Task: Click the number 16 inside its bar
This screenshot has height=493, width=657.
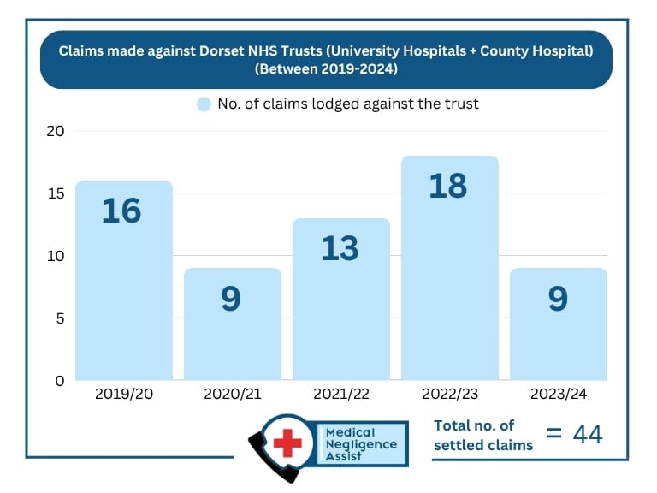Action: click(x=121, y=211)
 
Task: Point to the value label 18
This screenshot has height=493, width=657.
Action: click(x=447, y=186)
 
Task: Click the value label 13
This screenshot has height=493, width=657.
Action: click(x=340, y=248)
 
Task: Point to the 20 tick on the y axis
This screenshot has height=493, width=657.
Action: click(x=56, y=131)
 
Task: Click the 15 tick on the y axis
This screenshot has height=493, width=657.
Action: click(x=56, y=193)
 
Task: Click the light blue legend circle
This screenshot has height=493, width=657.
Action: click(x=204, y=104)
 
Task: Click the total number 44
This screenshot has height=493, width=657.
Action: click(x=587, y=435)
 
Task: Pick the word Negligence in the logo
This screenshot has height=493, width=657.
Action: click(x=361, y=445)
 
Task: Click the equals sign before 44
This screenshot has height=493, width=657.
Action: click(x=554, y=434)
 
